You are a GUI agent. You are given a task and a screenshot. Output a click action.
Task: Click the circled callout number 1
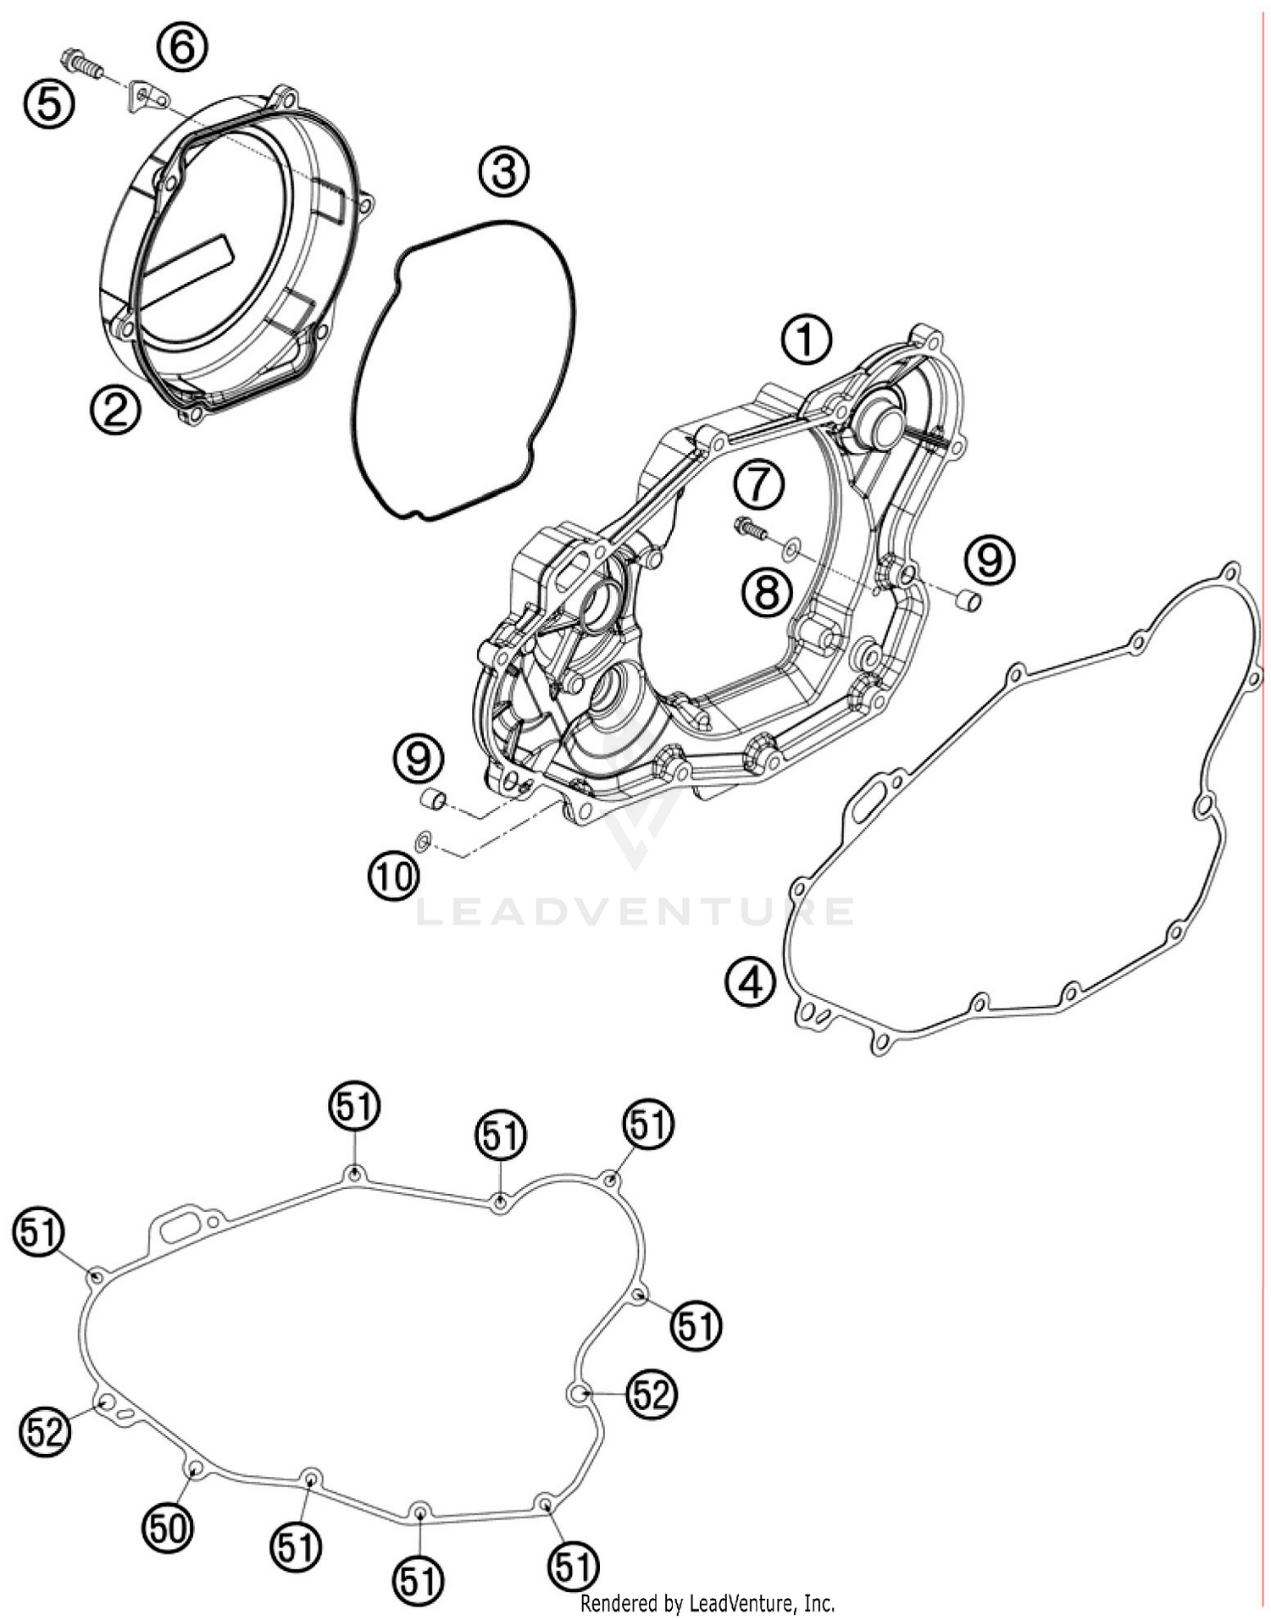click(x=806, y=340)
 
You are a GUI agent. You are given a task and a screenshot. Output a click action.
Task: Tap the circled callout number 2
click(x=115, y=410)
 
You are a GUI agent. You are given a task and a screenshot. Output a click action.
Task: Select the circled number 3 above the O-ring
click(x=503, y=173)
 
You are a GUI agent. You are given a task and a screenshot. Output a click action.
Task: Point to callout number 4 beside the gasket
click(x=750, y=982)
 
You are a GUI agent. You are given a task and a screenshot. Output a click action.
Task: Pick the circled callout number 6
click(x=183, y=47)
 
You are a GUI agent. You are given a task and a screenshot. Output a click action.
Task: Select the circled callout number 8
click(x=767, y=592)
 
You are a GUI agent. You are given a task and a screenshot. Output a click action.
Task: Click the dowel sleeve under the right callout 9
click(x=968, y=600)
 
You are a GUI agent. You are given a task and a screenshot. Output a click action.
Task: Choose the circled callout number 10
click(x=394, y=876)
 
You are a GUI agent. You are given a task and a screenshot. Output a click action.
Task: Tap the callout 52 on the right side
click(x=651, y=1393)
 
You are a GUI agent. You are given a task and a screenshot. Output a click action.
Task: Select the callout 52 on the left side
click(x=45, y=1431)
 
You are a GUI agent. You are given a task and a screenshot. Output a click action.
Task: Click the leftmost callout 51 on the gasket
click(x=39, y=1231)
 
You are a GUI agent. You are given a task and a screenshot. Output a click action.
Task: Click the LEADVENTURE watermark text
click(x=635, y=912)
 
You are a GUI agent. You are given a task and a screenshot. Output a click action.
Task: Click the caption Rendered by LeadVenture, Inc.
click(x=708, y=1603)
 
